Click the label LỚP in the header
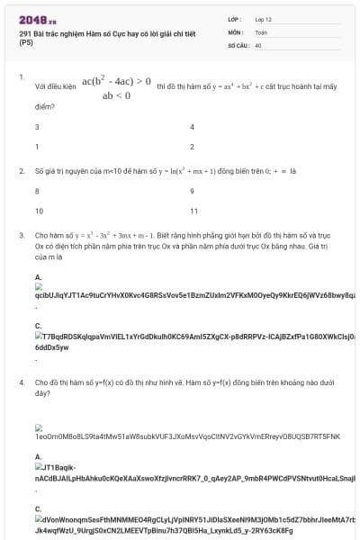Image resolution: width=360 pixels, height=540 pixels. (x=234, y=18)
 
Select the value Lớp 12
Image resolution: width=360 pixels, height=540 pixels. (x=264, y=18)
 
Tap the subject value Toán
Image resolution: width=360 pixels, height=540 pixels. (x=261, y=31)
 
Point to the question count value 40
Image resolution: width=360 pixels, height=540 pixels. (x=258, y=44)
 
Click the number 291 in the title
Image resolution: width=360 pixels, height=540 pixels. (x=24, y=33)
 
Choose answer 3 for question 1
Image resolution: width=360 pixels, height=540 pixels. (x=37, y=128)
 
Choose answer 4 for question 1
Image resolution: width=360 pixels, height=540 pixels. (x=192, y=128)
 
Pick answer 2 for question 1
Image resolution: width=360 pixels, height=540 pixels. (x=192, y=146)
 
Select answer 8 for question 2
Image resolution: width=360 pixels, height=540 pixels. (x=37, y=191)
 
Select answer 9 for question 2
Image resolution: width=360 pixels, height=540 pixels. (x=192, y=191)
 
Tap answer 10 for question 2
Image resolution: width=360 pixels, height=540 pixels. (x=38, y=211)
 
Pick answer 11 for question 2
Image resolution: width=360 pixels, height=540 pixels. (x=193, y=211)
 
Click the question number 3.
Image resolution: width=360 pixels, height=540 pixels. (x=21, y=235)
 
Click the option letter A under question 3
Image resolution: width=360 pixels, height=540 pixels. (x=38, y=276)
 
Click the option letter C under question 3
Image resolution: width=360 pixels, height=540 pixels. (x=38, y=326)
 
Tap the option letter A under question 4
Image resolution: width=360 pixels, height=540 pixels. (x=38, y=457)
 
